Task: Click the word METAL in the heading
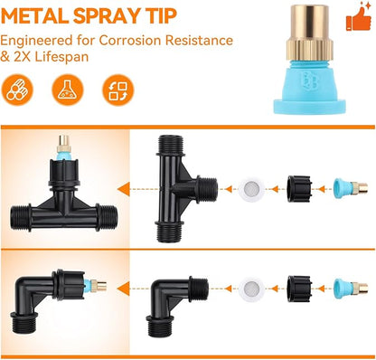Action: click(x=35, y=16)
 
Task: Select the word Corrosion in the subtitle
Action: click(x=131, y=41)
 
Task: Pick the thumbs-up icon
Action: click(x=359, y=17)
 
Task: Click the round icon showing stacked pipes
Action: click(x=17, y=90)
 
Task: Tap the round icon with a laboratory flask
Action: click(x=68, y=90)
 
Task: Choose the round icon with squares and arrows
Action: click(x=117, y=90)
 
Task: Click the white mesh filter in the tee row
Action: click(x=252, y=189)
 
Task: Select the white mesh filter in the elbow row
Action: click(x=252, y=288)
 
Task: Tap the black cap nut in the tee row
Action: click(x=299, y=189)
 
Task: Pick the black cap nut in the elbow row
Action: click(x=299, y=289)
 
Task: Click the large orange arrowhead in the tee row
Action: click(x=124, y=189)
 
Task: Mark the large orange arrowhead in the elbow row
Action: click(x=124, y=289)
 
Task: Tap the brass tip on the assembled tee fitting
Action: click(x=64, y=144)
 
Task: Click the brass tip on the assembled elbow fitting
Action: click(x=99, y=286)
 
